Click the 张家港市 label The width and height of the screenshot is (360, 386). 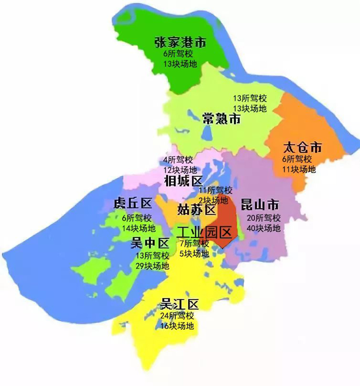180,42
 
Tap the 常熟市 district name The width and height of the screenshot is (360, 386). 221,119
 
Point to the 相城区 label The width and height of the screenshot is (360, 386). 183,181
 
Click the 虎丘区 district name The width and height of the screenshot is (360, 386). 133,204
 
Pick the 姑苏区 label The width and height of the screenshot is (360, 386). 197,209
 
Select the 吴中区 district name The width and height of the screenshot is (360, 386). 150,244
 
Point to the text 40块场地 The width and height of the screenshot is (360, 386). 264,228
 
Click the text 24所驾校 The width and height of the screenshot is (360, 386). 177,316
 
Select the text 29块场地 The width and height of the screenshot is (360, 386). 153,266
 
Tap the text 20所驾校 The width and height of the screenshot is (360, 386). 264,218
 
